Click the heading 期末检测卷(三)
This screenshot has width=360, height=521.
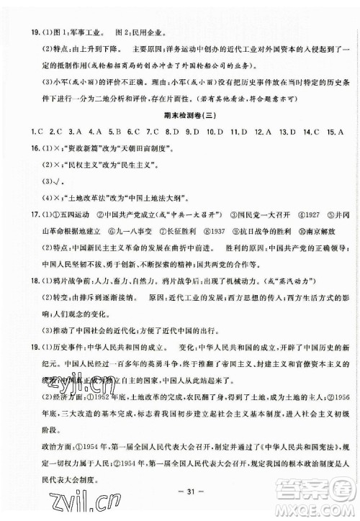(x=180, y=118)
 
